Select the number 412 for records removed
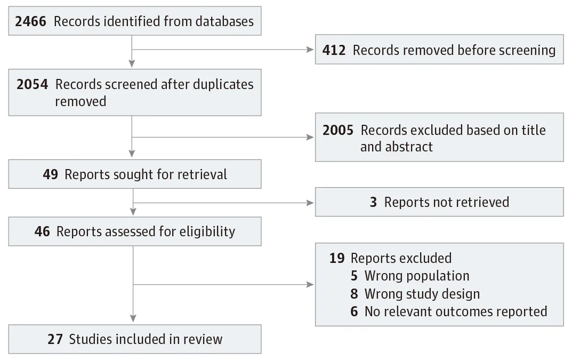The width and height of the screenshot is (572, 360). point(334,50)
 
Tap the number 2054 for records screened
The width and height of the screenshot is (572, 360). point(33,84)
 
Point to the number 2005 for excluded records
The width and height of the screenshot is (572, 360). point(338,130)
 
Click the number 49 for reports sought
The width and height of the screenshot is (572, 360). point(51,174)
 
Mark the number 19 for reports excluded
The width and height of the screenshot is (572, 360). point(337,258)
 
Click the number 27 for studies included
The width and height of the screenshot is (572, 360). point(55,339)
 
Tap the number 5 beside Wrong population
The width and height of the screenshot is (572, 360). point(355,276)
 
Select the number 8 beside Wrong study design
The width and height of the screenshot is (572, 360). point(355,293)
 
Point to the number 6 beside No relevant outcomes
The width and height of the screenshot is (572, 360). point(355,311)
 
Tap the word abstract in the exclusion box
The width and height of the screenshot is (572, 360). point(408,147)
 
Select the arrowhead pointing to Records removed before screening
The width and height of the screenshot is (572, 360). point(310,50)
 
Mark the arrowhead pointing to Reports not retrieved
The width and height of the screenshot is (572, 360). point(310,202)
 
